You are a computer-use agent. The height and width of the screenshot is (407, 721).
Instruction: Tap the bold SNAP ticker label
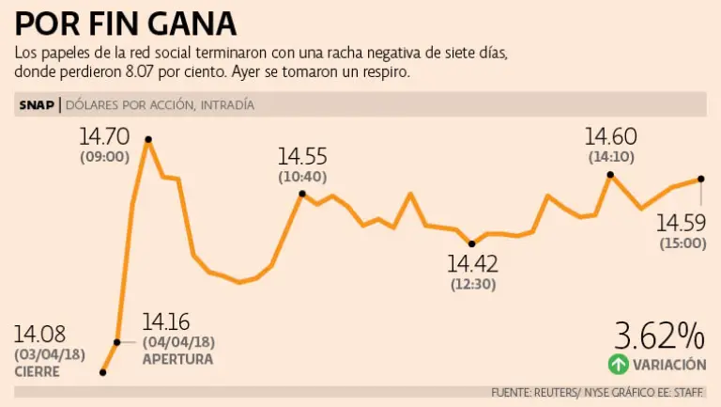click(37, 105)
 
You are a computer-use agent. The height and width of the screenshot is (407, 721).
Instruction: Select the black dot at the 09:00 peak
click(148, 140)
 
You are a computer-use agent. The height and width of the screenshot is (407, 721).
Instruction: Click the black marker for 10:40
click(302, 194)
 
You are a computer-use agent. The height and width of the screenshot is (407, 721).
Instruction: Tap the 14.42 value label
click(472, 263)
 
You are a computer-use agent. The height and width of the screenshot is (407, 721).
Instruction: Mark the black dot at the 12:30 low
click(471, 243)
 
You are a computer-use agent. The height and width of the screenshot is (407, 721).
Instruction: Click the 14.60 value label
click(610, 138)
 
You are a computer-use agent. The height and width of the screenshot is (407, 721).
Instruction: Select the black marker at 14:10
click(610, 175)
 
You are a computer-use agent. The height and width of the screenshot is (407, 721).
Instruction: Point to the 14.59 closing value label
click(681, 223)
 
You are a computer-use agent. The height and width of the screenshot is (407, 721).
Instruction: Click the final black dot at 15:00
click(701, 179)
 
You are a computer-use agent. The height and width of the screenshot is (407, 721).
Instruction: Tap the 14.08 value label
click(39, 334)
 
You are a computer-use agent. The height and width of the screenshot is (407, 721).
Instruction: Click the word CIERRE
click(38, 371)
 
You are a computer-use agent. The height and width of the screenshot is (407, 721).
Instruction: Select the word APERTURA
click(177, 359)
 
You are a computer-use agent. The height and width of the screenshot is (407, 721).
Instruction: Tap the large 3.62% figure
click(659, 336)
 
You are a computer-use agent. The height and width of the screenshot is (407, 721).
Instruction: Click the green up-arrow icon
click(617, 364)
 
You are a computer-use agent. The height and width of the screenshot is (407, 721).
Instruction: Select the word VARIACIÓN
click(669, 364)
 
